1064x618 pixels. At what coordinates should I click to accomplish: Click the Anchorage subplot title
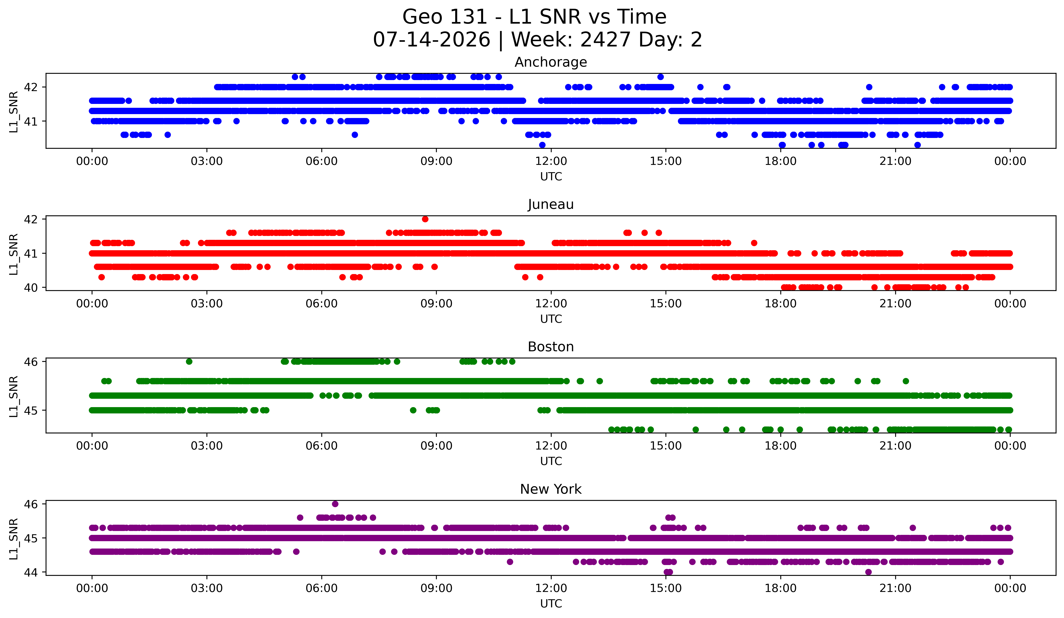pos(551,62)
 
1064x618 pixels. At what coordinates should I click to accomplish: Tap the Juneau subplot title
pos(551,204)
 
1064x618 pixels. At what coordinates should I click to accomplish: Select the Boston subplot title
pos(551,347)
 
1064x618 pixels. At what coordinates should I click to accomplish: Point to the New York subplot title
pos(551,489)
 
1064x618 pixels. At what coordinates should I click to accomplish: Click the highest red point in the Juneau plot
pos(425,219)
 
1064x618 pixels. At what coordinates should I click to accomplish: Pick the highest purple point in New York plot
pos(335,503)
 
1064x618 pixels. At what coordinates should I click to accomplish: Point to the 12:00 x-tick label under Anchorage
pos(551,161)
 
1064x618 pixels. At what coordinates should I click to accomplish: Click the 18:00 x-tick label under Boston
pos(781,446)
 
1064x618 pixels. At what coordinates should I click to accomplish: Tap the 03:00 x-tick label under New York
pos(207,588)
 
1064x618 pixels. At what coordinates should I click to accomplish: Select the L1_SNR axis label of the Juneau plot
pos(13,253)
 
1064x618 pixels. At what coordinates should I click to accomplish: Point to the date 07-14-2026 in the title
pos(432,40)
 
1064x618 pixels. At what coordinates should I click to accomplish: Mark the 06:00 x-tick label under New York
pos(322,588)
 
